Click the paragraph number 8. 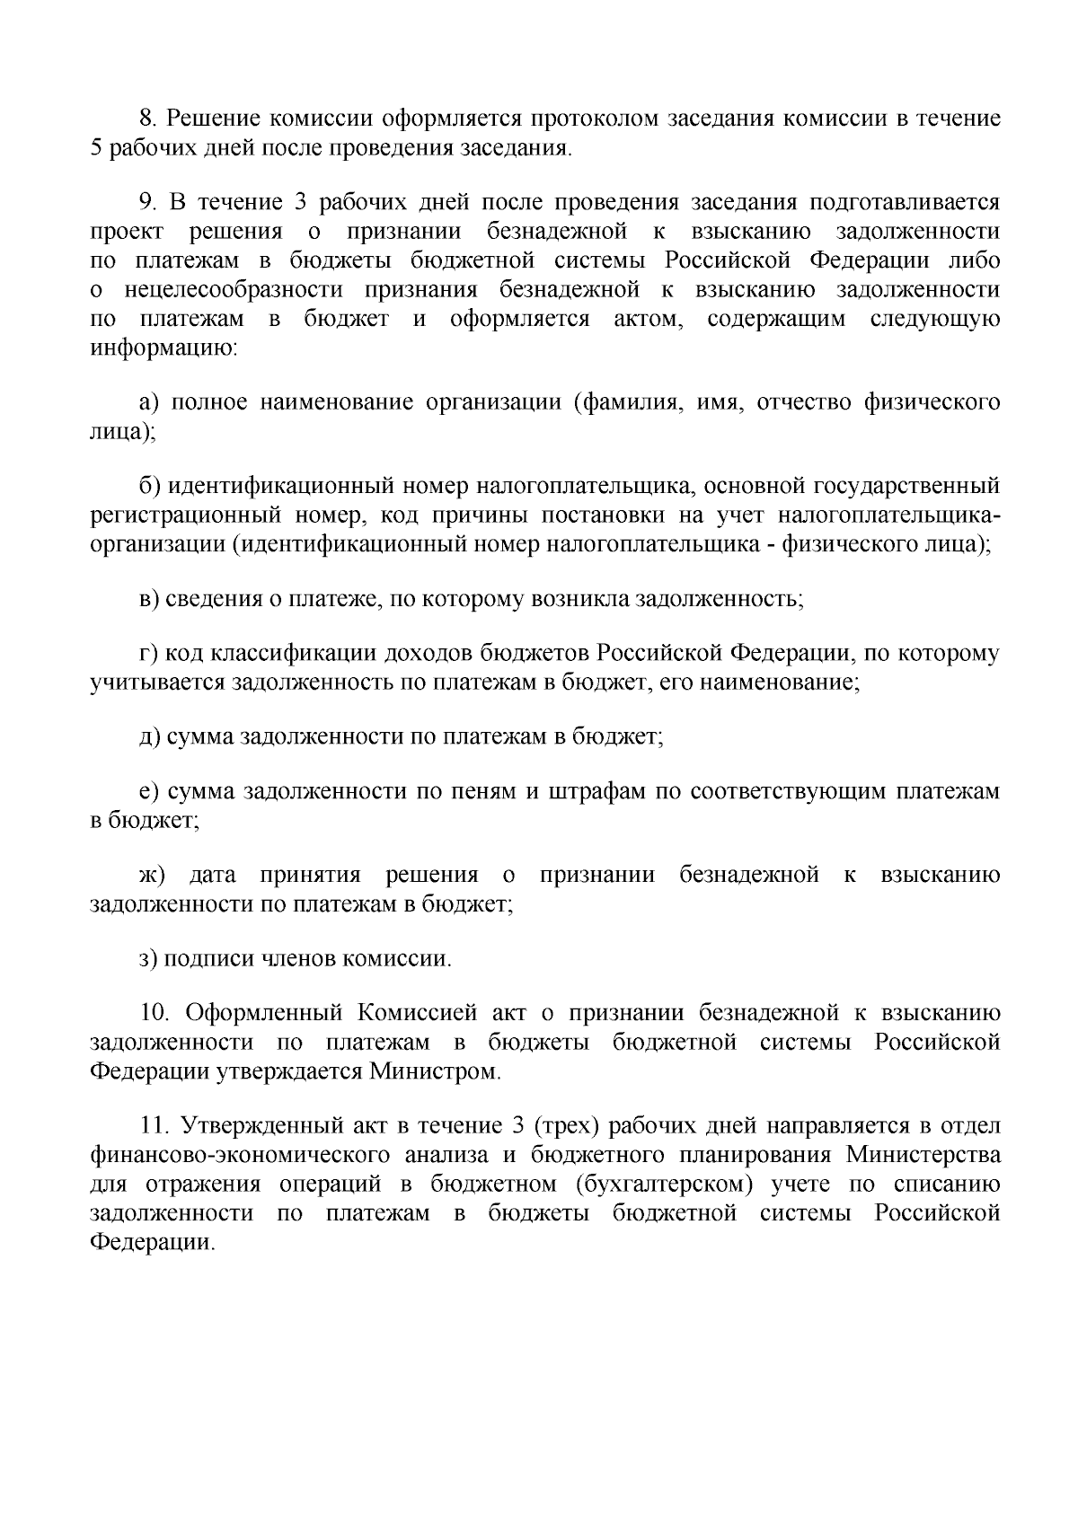click(x=147, y=119)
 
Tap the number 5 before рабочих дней click(x=96, y=147)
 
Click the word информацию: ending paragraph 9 click(x=163, y=347)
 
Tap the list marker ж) click(x=152, y=875)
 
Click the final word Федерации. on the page click(x=153, y=1242)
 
